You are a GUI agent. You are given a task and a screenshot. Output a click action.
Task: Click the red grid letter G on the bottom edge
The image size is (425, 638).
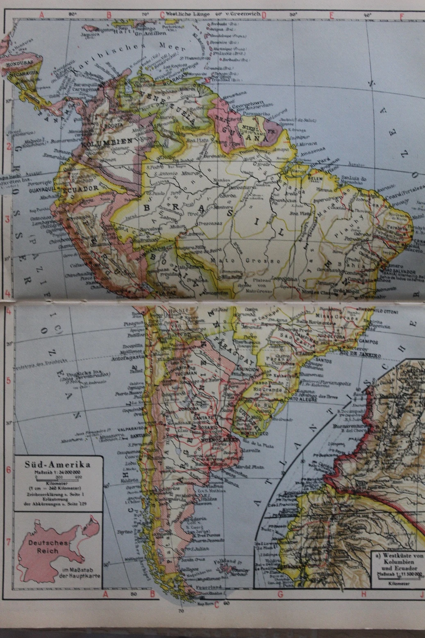(280, 594)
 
